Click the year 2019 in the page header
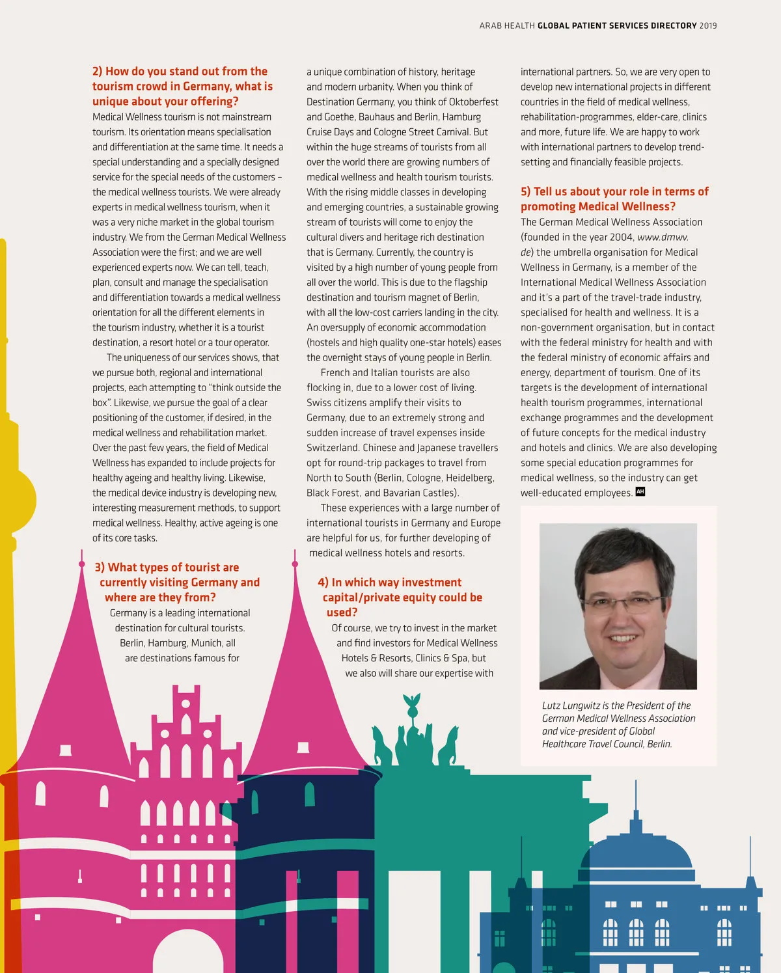pos(708,26)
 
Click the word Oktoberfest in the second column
pos(473,102)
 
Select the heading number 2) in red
pos(98,72)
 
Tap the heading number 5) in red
pos(526,191)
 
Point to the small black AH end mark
pos(640,492)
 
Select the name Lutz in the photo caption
pos(552,706)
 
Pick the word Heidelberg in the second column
pos(470,478)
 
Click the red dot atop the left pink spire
pos(82,564)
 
